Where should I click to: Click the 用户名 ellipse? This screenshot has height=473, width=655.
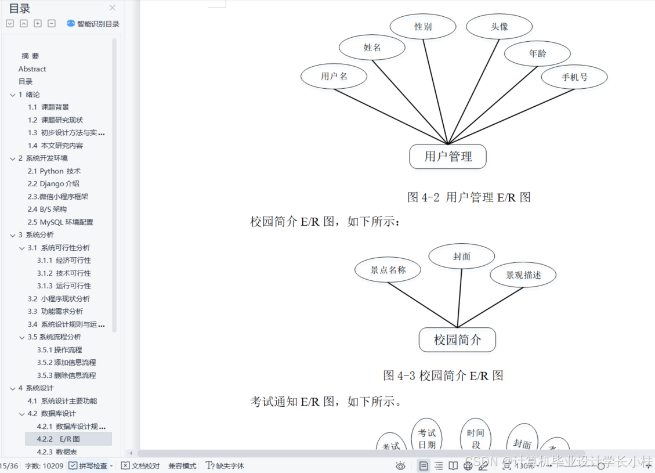[x=334, y=76]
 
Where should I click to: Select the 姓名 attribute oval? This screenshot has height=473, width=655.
[x=372, y=48]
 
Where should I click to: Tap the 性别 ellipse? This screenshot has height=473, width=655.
[x=423, y=27]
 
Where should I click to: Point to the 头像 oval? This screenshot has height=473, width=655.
[x=500, y=27]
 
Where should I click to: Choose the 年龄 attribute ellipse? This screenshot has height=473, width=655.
[x=537, y=53]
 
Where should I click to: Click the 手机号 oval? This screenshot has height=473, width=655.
[x=574, y=77]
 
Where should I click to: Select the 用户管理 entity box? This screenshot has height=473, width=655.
[x=448, y=156]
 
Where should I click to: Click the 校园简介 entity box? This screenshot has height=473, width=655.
[x=457, y=340]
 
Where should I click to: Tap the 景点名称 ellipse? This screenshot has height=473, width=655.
[x=388, y=269]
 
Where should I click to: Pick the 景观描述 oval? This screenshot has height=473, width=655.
[x=523, y=275]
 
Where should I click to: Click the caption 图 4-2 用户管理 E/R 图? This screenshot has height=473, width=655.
[x=469, y=197]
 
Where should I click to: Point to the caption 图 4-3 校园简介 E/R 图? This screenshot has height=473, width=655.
[x=443, y=375]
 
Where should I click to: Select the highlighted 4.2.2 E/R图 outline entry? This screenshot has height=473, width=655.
[x=68, y=439]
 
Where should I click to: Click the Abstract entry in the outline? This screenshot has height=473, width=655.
[x=32, y=69]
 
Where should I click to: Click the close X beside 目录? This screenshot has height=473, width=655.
[x=113, y=8]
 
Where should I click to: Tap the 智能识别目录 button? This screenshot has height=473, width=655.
[x=93, y=24]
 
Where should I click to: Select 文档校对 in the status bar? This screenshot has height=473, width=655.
[x=140, y=465]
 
